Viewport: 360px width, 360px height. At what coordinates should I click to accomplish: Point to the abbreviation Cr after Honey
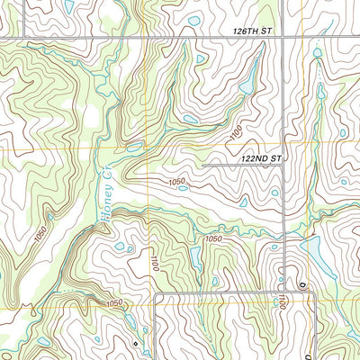[103, 168]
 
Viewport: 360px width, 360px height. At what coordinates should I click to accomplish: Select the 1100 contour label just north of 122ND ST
[236, 134]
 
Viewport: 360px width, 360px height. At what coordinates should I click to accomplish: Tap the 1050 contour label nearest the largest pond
[212, 238]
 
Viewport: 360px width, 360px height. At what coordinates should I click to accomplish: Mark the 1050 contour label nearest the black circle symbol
[114, 303]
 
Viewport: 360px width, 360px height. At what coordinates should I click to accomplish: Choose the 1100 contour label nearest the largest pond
[282, 300]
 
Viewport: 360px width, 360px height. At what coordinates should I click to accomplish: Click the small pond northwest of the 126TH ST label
[194, 21]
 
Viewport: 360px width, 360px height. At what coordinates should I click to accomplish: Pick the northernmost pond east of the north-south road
[317, 53]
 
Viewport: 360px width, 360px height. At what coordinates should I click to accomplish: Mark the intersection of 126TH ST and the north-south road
[285, 37]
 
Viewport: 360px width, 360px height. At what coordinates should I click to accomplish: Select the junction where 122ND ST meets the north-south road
[285, 165]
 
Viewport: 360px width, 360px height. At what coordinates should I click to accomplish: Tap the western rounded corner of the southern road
[158, 296]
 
